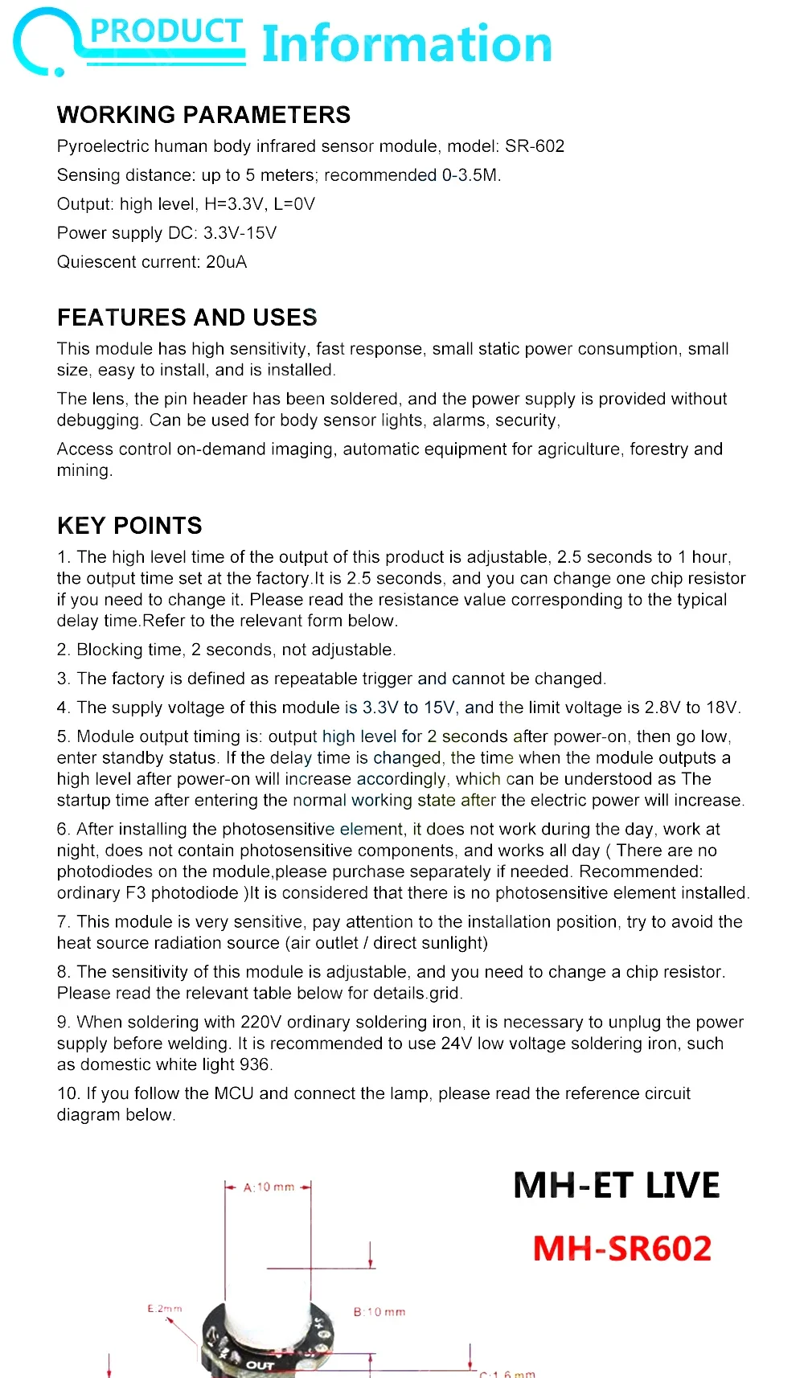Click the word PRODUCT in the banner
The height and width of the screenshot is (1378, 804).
click(x=166, y=31)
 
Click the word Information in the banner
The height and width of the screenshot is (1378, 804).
click(x=407, y=44)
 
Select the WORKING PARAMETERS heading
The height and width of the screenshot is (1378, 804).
click(x=203, y=115)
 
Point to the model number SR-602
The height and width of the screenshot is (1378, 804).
click(x=535, y=146)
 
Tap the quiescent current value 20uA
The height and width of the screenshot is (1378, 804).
click(x=227, y=262)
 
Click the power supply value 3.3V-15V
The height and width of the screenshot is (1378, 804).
click(x=240, y=233)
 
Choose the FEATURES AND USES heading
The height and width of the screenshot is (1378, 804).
click(x=187, y=318)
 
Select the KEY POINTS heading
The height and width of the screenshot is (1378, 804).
click(x=129, y=526)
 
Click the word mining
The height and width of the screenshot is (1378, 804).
click(x=84, y=470)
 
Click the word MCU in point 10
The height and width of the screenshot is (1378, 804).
click(x=234, y=1093)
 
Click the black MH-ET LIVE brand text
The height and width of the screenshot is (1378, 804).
click(x=617, y=1186)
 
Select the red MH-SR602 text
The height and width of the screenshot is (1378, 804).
click(x=622, y=1249)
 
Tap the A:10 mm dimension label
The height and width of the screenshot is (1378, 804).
click(x=269, y=1187)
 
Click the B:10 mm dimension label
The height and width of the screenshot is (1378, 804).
click(x=379, y=1312)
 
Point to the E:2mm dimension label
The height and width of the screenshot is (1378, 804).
click(x=165, y=1309)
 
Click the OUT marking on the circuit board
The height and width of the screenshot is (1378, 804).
click(x=260, y=1365)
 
